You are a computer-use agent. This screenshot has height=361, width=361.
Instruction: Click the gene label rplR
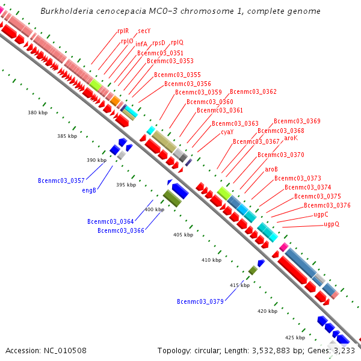(123, 31)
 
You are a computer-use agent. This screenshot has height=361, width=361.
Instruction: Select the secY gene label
(144, 31)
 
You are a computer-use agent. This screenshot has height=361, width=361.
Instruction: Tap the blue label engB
(89, 190)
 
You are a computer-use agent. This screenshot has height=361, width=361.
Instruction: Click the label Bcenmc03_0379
(200, 301)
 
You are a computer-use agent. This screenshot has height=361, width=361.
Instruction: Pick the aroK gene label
(291, 138)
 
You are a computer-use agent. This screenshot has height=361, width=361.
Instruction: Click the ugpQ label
(332, 224)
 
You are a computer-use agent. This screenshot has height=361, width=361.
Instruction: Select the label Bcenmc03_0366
(121, 230)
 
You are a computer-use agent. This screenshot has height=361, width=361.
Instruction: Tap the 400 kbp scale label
(154, 209)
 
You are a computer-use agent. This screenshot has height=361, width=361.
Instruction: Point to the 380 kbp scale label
(37, 113)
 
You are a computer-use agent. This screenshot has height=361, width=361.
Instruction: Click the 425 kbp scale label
(295, 337)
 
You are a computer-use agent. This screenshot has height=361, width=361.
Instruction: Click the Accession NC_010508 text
(46, 350)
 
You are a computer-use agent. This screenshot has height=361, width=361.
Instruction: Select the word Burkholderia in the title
(67, 11)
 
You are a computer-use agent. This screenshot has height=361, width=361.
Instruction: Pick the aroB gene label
(271, 169)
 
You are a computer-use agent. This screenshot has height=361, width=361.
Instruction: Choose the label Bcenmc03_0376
(327, 205)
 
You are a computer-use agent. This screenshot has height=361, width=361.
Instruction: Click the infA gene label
(141, 44)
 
